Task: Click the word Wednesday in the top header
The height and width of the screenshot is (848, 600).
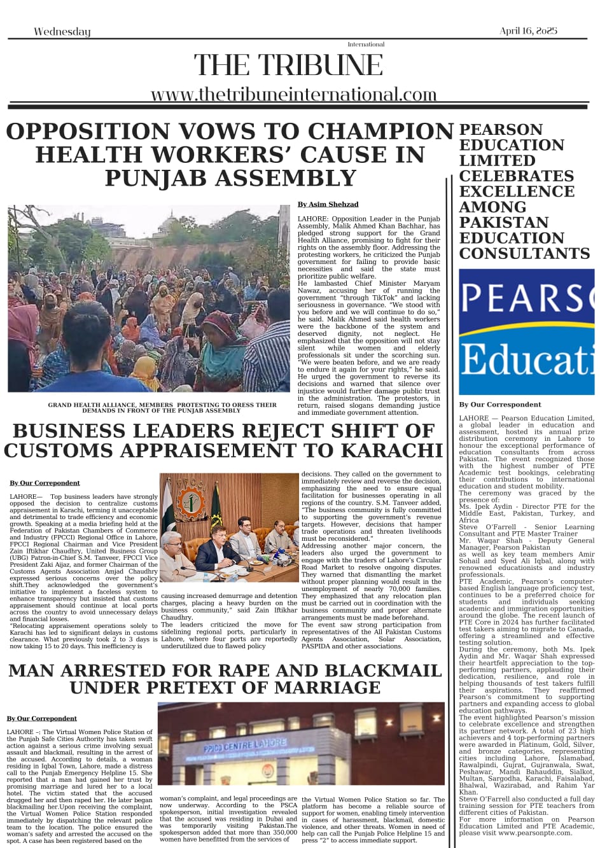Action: [x=62, y=32]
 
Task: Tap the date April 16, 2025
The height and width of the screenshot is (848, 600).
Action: [x=528, y=31]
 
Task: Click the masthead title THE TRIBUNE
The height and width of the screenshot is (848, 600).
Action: [x=288, y=66]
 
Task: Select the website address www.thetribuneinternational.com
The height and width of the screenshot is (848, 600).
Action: [x=293, y=95]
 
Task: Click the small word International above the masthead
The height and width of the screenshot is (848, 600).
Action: [x=366, y=45]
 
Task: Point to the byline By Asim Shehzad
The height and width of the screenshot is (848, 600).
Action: [x=328, y=204]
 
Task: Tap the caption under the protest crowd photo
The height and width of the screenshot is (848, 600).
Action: [x=162, y=408]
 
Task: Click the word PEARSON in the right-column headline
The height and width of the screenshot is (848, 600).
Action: [x=501, y=130]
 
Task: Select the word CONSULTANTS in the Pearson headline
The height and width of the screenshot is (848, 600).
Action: [x=524, y=253]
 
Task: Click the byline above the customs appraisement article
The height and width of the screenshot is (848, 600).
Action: [x=45, y=483]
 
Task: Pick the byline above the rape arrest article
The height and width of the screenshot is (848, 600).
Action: [x=41, y=718]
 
